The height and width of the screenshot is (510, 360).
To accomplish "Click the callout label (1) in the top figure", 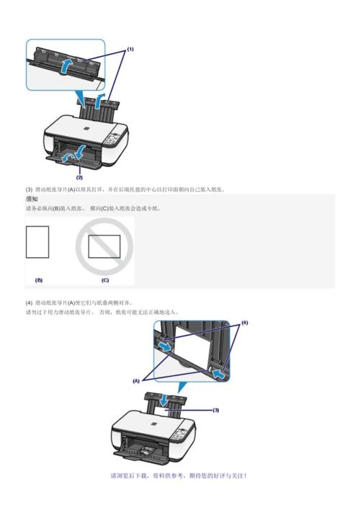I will click(x=130, y=50).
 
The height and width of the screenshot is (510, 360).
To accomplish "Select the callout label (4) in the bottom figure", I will click(x=244, y=323).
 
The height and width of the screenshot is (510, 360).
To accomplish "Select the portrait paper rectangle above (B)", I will click(x=37, y=242).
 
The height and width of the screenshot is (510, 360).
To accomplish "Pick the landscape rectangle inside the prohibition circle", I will click(x=104, y=247).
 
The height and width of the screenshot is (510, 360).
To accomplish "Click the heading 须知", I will click(x=32, y=198).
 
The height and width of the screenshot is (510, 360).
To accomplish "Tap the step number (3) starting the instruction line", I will click(x=29, y=189).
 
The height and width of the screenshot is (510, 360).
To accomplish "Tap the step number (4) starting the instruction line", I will click(x=29, y=303).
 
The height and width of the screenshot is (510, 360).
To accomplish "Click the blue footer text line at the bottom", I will click(x=179, y=476).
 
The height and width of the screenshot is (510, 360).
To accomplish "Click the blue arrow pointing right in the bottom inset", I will click(x=165, y=347).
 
